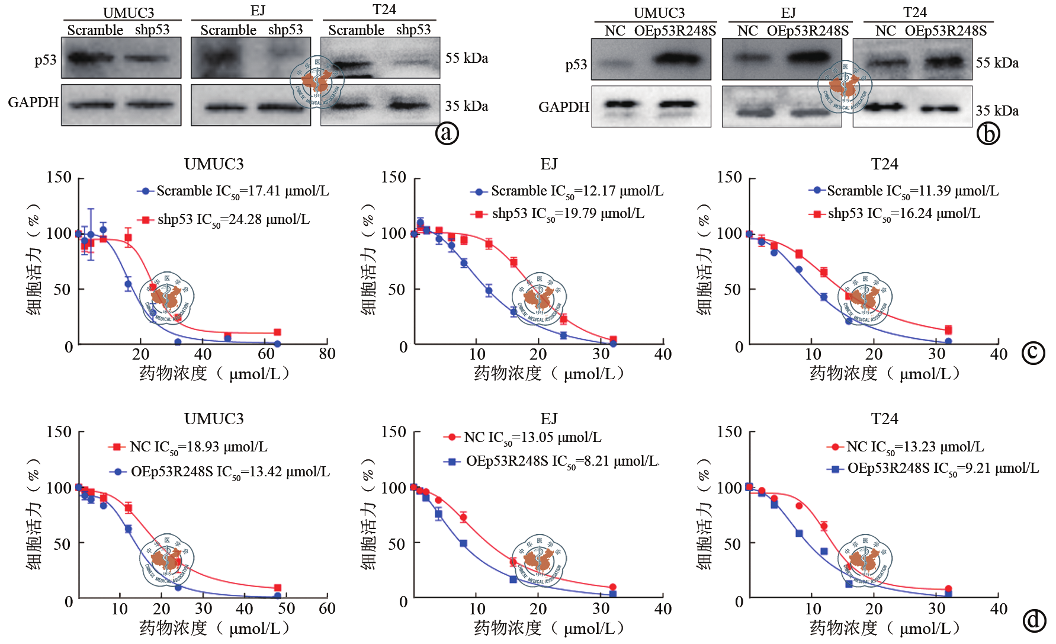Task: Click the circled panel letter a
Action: [x=447, y=133]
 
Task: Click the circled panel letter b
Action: [x=988, y=133]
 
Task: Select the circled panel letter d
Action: [x=1034, y=620]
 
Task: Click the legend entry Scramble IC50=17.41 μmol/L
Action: [x=233, y=191]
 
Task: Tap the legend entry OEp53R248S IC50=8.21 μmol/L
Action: [x=552, y=462]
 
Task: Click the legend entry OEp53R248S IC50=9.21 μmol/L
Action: [x=933, y=469]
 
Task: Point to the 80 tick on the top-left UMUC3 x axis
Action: [x=327, y=354]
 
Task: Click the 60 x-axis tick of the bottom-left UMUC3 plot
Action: [x=327, y=608]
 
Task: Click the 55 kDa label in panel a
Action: [x=467, y=58]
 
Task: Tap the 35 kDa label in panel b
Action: [x=997, y=111]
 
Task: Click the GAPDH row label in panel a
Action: [x=33, y=102]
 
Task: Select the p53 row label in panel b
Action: [x=576, y=65]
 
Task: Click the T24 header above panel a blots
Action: [x=384, y=9]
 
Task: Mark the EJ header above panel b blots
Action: [x=788, y=12]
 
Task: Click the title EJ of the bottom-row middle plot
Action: [x=549, y=419]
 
